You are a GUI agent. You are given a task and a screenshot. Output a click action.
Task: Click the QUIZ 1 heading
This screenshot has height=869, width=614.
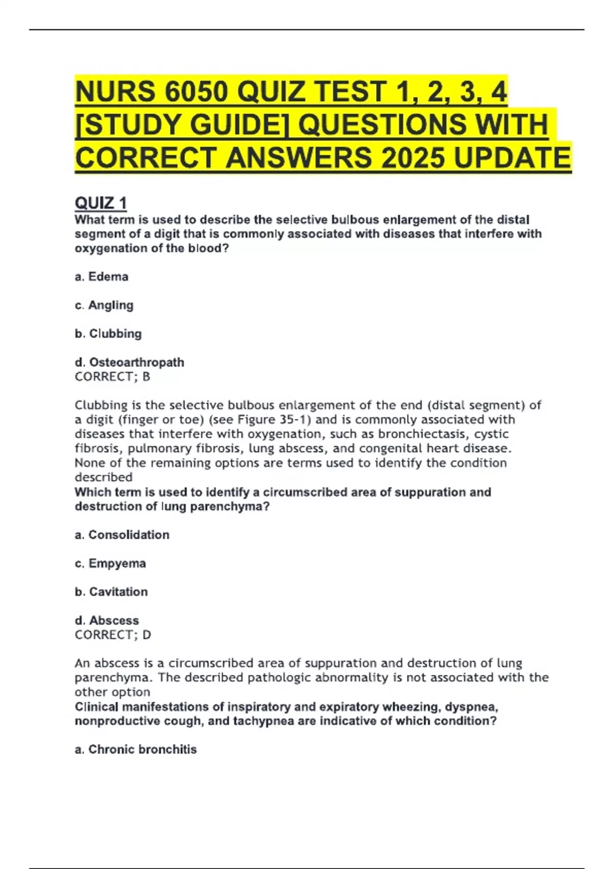[101, 203]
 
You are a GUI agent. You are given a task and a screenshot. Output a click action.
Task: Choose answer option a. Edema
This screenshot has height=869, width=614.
[101, 277]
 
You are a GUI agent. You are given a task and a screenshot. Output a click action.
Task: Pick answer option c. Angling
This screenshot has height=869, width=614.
[104, 305]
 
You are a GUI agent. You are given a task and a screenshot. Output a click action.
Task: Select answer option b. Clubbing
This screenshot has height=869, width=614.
[108, 333]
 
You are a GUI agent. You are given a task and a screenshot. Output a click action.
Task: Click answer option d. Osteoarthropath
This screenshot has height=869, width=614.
[129, 362]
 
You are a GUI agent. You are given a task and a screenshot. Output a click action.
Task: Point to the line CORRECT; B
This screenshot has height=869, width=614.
[113, 377]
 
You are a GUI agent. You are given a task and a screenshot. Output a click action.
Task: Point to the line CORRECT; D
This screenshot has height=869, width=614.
[113, 635]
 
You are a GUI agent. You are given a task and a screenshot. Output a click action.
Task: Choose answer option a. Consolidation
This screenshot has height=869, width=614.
[122, 535]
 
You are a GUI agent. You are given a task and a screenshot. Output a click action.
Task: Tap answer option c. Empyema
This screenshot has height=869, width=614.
[110, 563]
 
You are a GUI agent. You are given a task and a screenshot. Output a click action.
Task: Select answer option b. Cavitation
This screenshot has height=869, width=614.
[111, 591]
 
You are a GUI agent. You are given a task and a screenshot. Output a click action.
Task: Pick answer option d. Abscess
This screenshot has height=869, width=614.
[107, 620]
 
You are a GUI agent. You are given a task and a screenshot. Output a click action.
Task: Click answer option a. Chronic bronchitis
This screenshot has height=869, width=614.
[136, 749]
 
